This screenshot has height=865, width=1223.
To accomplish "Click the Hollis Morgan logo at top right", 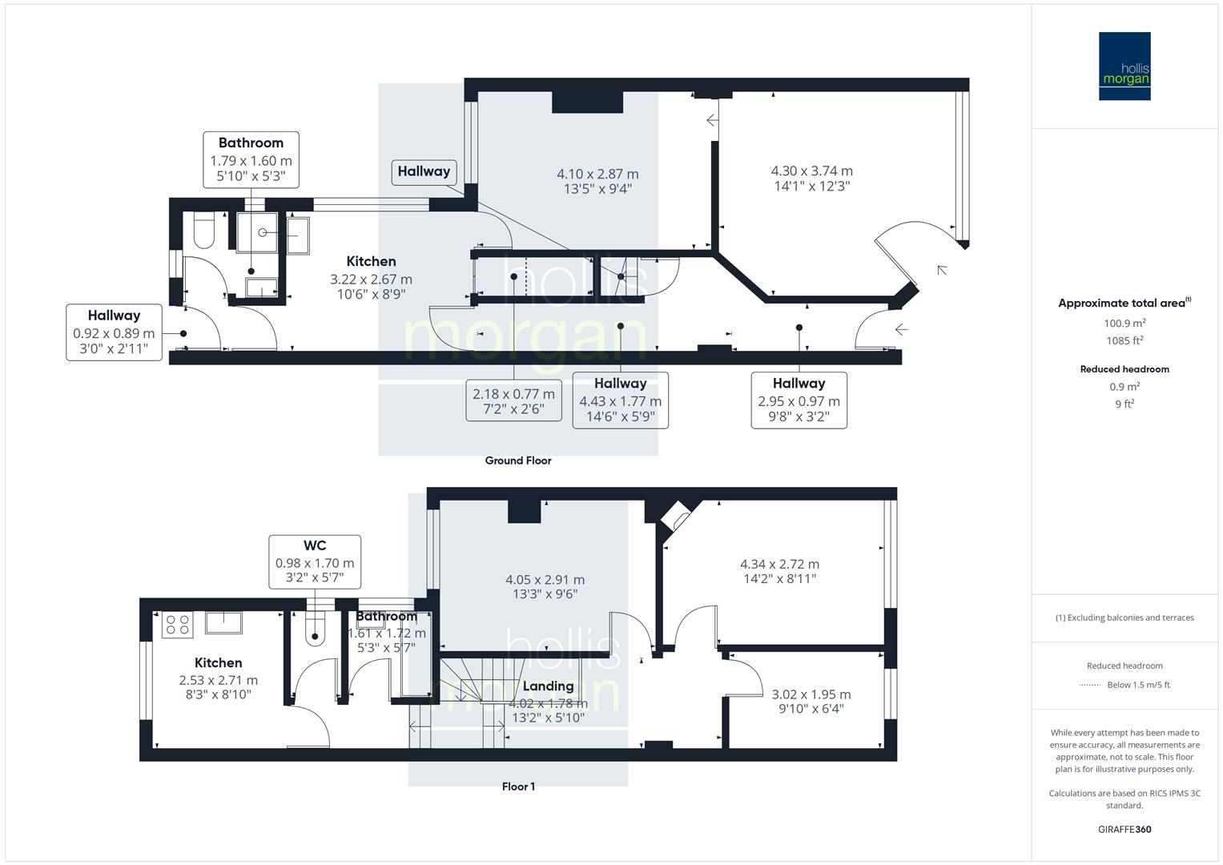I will (1124, 66).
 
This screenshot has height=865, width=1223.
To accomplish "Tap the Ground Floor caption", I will (518, 461).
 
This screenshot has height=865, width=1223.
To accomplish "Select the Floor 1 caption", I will (518, 787).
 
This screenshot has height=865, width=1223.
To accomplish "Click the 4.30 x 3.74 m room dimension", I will (811, 171).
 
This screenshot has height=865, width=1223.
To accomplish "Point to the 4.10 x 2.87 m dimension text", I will (597, 175).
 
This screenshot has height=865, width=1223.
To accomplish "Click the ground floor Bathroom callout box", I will (251, 160).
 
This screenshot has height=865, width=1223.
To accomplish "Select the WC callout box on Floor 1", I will (315, 561).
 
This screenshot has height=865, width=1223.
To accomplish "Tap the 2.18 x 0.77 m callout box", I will (513, 400).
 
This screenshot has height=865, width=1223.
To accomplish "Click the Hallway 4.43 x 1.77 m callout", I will (620, 400).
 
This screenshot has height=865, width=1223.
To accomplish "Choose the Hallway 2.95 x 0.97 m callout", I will (799, 400).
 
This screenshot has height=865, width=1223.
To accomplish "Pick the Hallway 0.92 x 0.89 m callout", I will (114, 332).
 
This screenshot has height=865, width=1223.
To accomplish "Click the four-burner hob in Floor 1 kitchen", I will (178, 625).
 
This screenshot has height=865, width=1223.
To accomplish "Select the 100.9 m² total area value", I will (1124, 324).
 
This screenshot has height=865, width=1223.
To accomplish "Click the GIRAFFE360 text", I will (1124, 829).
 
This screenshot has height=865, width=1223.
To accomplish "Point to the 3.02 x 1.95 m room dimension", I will (811, 694).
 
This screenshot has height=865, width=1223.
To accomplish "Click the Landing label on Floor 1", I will (548, 686).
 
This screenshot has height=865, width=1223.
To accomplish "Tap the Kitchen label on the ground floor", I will (371, 262).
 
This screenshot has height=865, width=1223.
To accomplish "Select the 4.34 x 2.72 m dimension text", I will (779, 565).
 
